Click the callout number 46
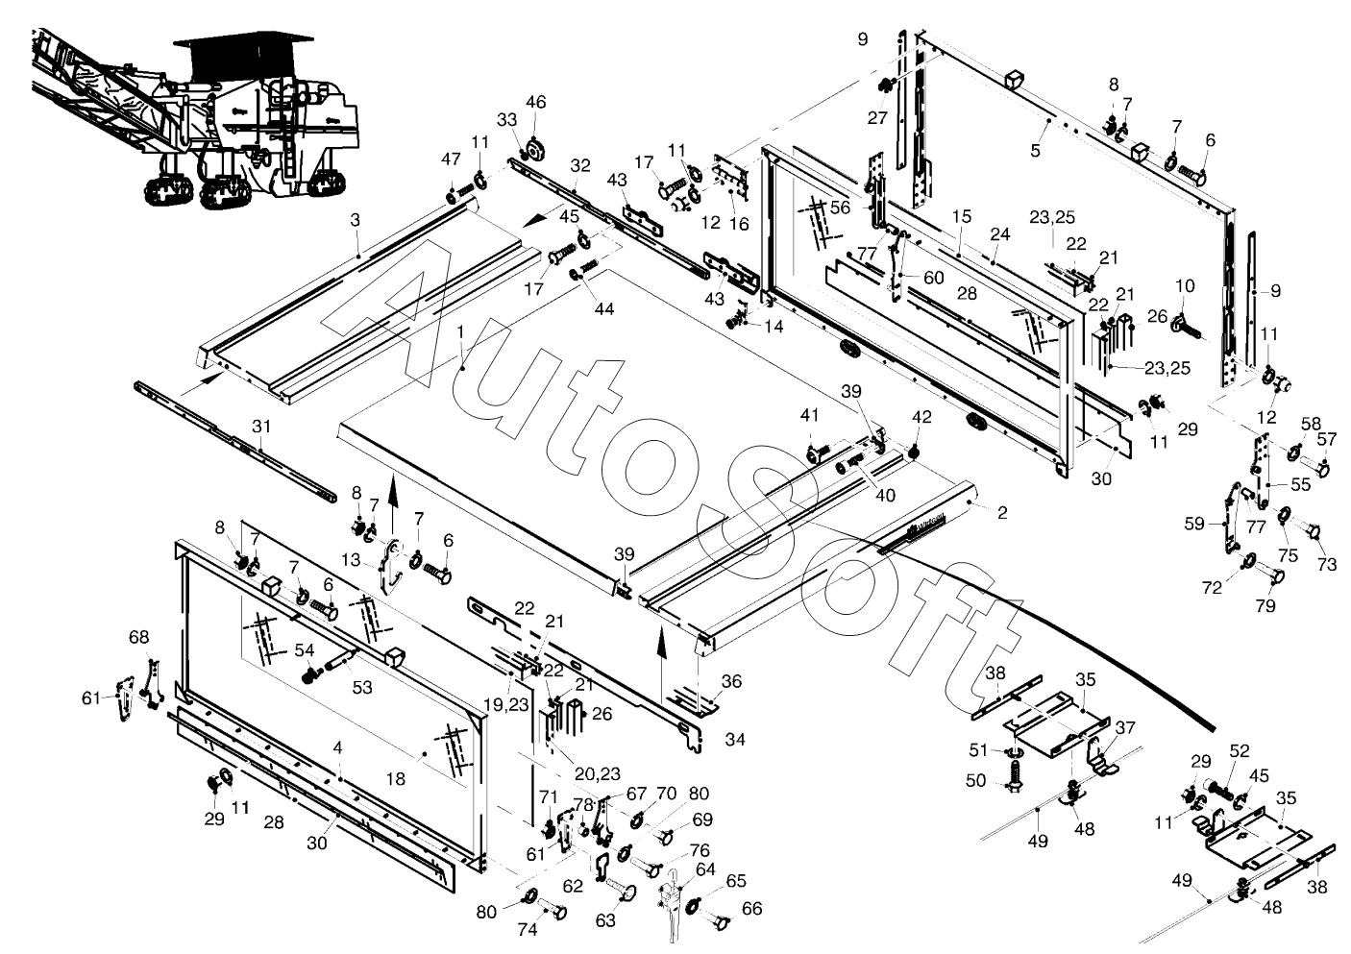[x=535, y=103]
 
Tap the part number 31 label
[x=261, y=427]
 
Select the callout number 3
[x=355, y=220]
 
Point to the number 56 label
[x=840, y=208]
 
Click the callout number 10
[x=1185, y=286]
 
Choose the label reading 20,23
[x=597, y=772]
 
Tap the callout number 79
[x=1265, y=605]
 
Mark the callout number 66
[x=752, y=908]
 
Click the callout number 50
[x=975, y=780]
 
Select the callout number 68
[x=138, y=637]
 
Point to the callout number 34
[x=735, y=739]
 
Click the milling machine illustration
[x=194, y=117]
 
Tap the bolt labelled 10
[x=1187, y=327]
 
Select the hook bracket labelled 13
[x=390, y=565]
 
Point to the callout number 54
[x=304, y=650]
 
